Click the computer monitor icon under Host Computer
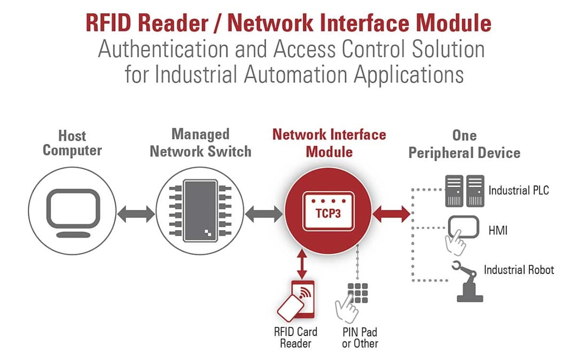tap(72, 211)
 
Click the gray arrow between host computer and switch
tap(136, 214)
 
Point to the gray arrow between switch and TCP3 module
tap(264, 214)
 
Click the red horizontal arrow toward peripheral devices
tap(392, 214)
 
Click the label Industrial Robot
tap(518, 270)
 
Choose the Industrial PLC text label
tap(518, 190)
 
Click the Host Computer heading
tap(72, 143)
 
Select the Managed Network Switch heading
tap(200, 143)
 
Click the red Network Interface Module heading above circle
tap(329, 143)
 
